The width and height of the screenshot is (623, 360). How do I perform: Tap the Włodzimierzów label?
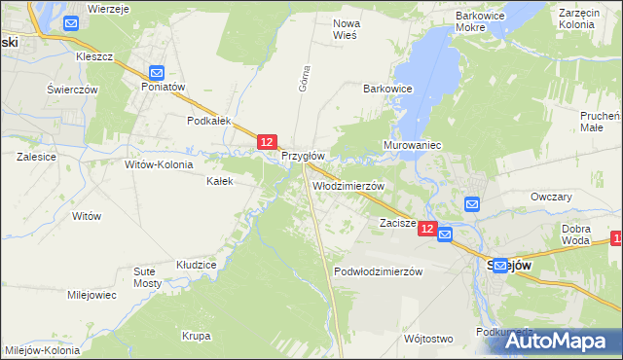pyautogui.click(x=348, y=185)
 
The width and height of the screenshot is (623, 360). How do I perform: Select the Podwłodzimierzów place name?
pyautogui.click(x=378, y=272)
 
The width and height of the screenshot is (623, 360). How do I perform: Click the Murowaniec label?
pyautogui.click(x=413, y=145)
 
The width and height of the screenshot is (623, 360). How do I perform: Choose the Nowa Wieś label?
pyautogui.click(x=346, y=28)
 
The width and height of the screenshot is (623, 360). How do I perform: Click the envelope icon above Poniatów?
pyautogui.click(x=157, y=71)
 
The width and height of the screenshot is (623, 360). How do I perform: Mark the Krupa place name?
pyautogui.click(x=196, y=336)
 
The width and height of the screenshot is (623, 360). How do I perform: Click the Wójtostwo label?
pyautogui.click(x=427, y=339)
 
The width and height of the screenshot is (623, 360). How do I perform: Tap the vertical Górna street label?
pyautogui.click(x=304, y=82)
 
